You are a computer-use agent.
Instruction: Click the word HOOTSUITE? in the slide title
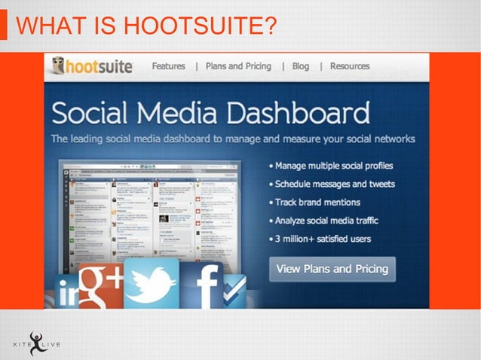pyautogui.click(x=199, y=27)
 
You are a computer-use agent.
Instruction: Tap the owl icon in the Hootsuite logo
pyautogui.click(x=60, y=67)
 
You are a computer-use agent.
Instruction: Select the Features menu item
pyautogui.click(x=168, y=66)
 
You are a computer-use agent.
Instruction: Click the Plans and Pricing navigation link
pyautogui.click(x=238, y=66)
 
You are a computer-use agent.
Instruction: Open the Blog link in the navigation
pyautogui.click(x=301, y=66)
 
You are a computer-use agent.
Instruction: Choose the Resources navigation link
pyautogui.click(x=350, y=66)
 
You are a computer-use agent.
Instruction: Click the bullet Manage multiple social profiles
pyautogui.click(x=333, y=166)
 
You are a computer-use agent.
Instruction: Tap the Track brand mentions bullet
pyautogui.click(x=317, y=203)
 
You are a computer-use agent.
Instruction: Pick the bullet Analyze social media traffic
pyautogui.click(x=326, y=221)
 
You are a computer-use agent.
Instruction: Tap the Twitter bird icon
pyautogui.click(x=151, y=285)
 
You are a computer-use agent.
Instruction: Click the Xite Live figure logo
pyautogui.click(x=36, y=343)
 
